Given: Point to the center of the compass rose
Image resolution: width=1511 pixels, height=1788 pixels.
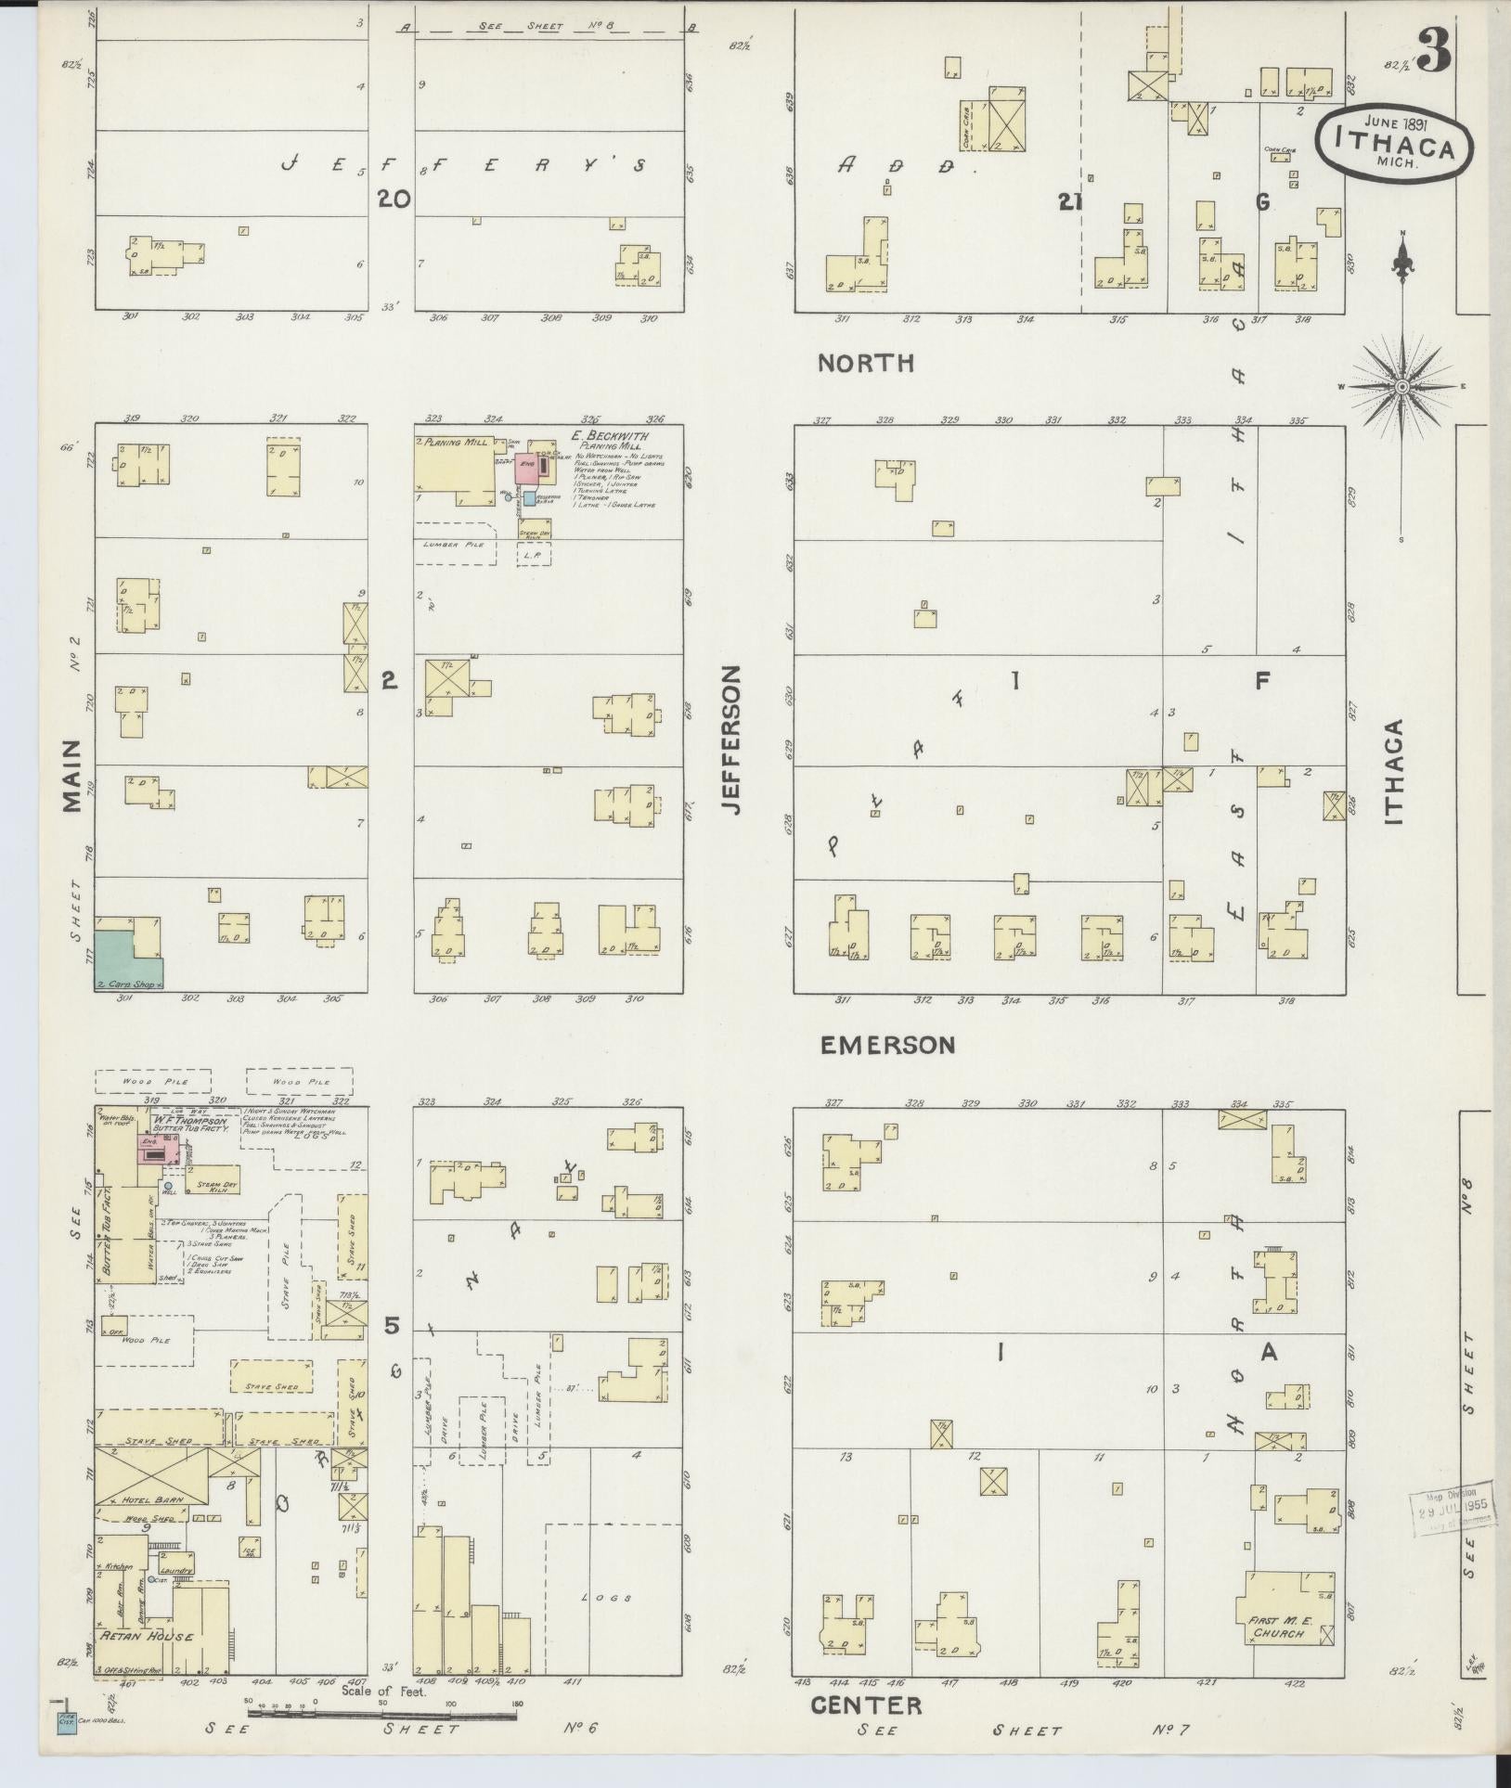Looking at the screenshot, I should (x=1402, y=385).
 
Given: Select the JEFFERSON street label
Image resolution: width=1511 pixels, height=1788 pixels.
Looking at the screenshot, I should (x=732, y=740).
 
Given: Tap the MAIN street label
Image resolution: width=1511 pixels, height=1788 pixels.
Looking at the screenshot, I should (x=73, y=777).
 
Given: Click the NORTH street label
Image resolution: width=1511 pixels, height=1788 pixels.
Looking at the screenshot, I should (x=865, y=363).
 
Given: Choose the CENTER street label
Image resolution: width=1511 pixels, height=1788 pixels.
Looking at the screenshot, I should (x=866, y=1704).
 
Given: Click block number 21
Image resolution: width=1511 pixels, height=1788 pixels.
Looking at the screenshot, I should (x=1070, y=200).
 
